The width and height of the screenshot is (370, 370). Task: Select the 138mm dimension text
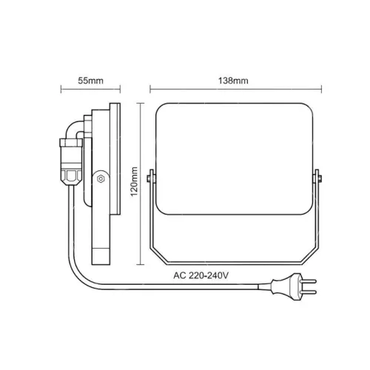pyautogui.click(x=235, y=80)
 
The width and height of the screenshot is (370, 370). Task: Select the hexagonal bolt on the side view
pyautogui.click(x=100, y=178)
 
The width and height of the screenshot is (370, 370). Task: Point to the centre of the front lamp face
pyautogui.click(x=235, y=163)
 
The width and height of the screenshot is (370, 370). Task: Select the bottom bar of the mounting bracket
pyautogui.click(x=235, y=264)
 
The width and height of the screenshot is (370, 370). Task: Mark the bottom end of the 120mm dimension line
pyautogui.click(x=141, y=265)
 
